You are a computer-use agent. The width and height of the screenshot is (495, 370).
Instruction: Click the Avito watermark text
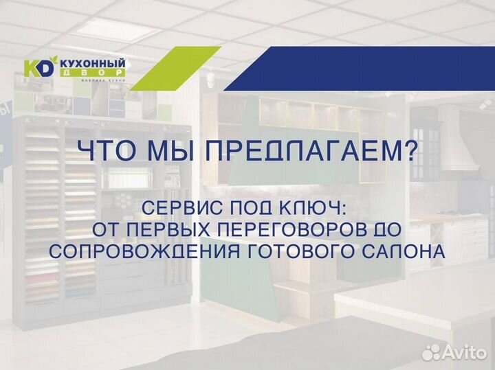pyautogui.click(x=464, y=352)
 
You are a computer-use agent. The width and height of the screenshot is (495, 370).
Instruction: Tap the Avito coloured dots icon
pyautogui.click(x=432, y=351)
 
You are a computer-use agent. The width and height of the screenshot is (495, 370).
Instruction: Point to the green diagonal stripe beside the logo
pyautogui.click(x=175, y=69)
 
